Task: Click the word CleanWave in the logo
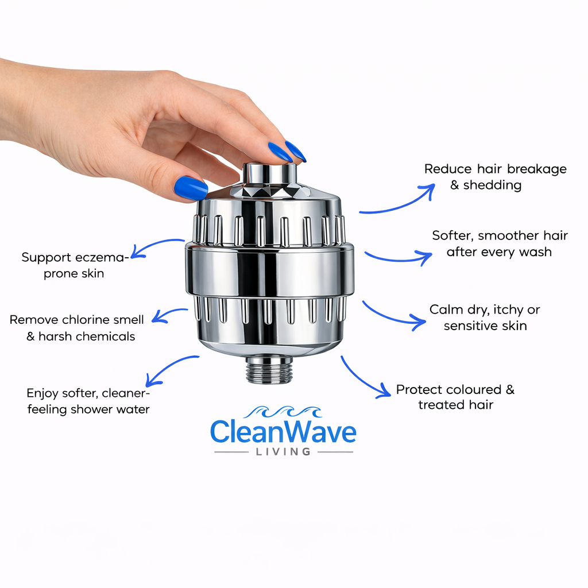point(283,432)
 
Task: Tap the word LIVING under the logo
point(283,452)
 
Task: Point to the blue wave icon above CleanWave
point(283,412)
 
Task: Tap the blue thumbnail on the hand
point(191,188)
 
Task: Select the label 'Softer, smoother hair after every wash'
point(499,243)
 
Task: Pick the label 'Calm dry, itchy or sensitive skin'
point(485,318)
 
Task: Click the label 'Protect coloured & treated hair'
point(455,397)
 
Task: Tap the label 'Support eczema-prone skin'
point(74,265)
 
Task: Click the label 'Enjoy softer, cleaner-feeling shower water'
point(88,401)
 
